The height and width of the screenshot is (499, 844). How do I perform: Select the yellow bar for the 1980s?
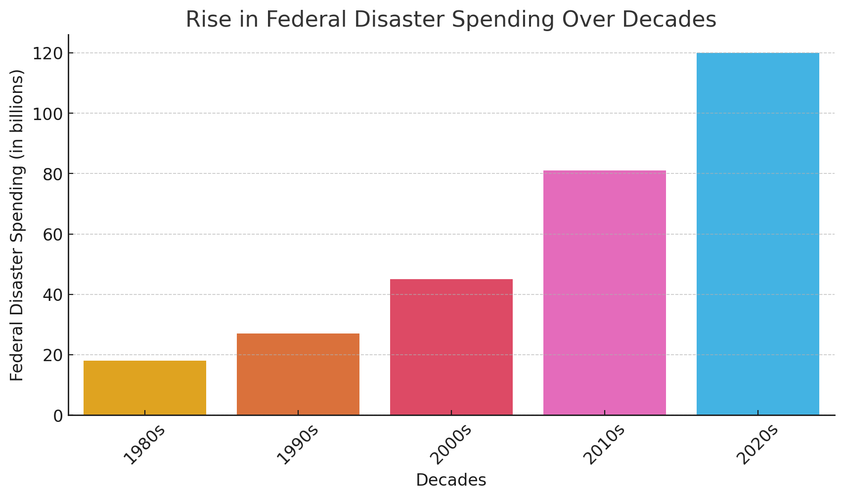tap(144, 388)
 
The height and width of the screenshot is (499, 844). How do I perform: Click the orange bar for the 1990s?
tap(298, 374)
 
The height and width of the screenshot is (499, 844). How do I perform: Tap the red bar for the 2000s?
tap(451, 347)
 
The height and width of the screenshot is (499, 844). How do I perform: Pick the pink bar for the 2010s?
tap(604, 292)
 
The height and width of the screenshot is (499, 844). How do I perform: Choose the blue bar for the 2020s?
tap(757, 234)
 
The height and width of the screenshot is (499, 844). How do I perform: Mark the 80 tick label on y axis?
tap(52, 174)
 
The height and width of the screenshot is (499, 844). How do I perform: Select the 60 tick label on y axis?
tap(52, 234)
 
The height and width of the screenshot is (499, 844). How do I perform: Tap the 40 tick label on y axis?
tap(52, 295)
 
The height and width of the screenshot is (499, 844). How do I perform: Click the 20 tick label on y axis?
tap(52, 355)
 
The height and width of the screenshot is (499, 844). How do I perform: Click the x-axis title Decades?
tap(451, 480)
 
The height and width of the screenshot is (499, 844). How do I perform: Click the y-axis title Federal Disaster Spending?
tap(17, 225)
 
